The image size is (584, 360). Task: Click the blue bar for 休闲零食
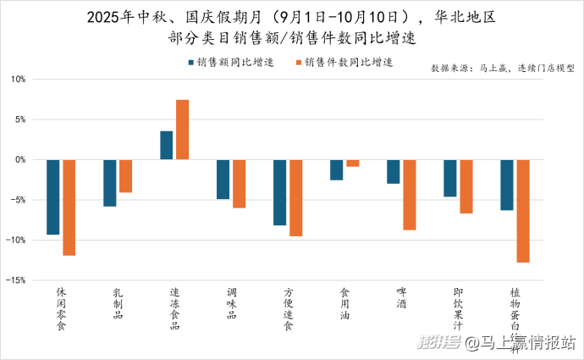tap(53, 197)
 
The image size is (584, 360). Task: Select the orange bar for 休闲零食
tap(69, 208)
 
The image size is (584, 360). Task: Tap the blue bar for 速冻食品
tap(167, 145)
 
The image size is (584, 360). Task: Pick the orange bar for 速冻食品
tap(183, 130)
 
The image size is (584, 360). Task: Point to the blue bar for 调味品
tap(223, 179)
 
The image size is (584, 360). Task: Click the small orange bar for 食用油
tap(353, 163)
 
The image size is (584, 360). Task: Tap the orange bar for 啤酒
tap(410, 195)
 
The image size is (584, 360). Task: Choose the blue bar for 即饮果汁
tap(450, 178)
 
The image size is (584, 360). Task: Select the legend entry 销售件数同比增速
tap(343, 63)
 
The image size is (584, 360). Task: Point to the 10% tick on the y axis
tap(19, 80)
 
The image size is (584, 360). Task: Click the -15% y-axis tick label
tap(17, 280)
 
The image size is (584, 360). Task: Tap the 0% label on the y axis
tap(20, 160)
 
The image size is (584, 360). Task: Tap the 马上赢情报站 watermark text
tap(522, 343)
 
